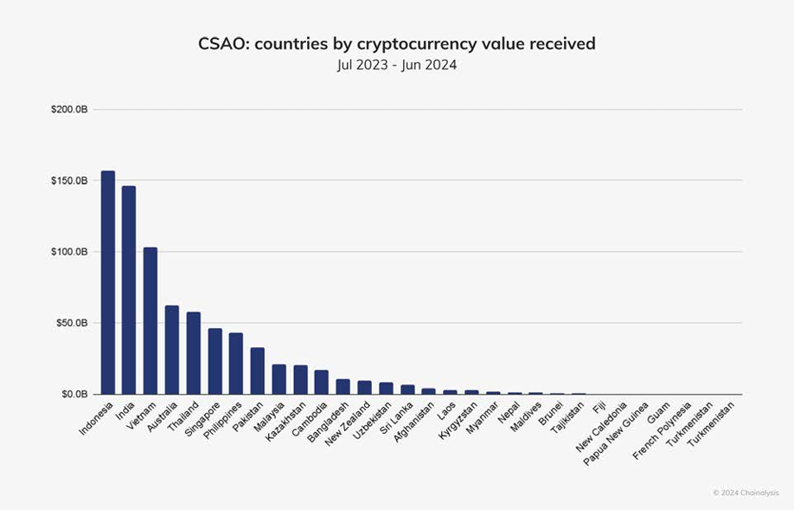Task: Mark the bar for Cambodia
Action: tap(321, 382)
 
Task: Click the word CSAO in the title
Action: tap(223, 43)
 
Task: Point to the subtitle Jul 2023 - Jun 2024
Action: tap(397, 65)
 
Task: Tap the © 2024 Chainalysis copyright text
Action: tap(746, 492)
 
